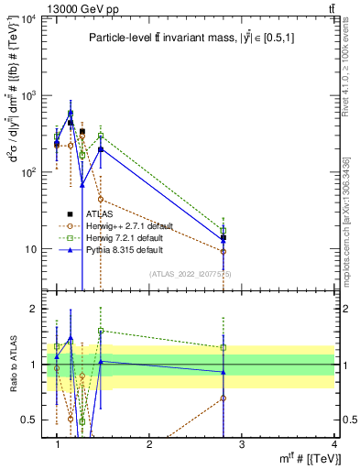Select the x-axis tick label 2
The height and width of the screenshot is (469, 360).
pos(149,443)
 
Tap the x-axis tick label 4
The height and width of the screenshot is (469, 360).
pos(334,443)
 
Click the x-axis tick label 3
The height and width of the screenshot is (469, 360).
pos(242,443)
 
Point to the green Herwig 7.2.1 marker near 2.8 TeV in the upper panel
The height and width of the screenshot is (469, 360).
pos(224,231)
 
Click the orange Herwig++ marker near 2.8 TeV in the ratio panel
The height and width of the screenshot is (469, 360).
pos(224,398)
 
